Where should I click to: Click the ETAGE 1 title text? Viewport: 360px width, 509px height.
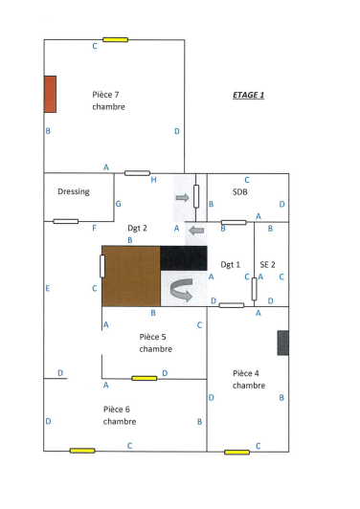point(248,96)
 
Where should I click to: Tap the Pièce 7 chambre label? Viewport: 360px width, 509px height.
point(108,100)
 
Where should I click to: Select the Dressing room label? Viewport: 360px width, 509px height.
point(74,191)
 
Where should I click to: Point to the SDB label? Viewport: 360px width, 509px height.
point(239,192)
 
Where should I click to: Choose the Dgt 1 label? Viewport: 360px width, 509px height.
point(230,264)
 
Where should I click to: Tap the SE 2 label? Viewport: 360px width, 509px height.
point(267,264)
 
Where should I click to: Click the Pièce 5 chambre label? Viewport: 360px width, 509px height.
point(154,343)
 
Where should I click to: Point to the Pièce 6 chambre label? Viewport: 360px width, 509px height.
point(120,414)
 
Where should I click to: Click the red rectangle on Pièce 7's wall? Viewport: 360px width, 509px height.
point(50,94)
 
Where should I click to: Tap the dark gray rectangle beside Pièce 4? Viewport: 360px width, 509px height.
point(283,343)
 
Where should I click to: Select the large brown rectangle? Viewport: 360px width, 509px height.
point(131,277)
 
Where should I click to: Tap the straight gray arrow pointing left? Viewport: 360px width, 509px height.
point(195,231)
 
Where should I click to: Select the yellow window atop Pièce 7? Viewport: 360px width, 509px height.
point(116,40)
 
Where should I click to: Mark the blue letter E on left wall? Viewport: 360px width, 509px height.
point(47,288)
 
